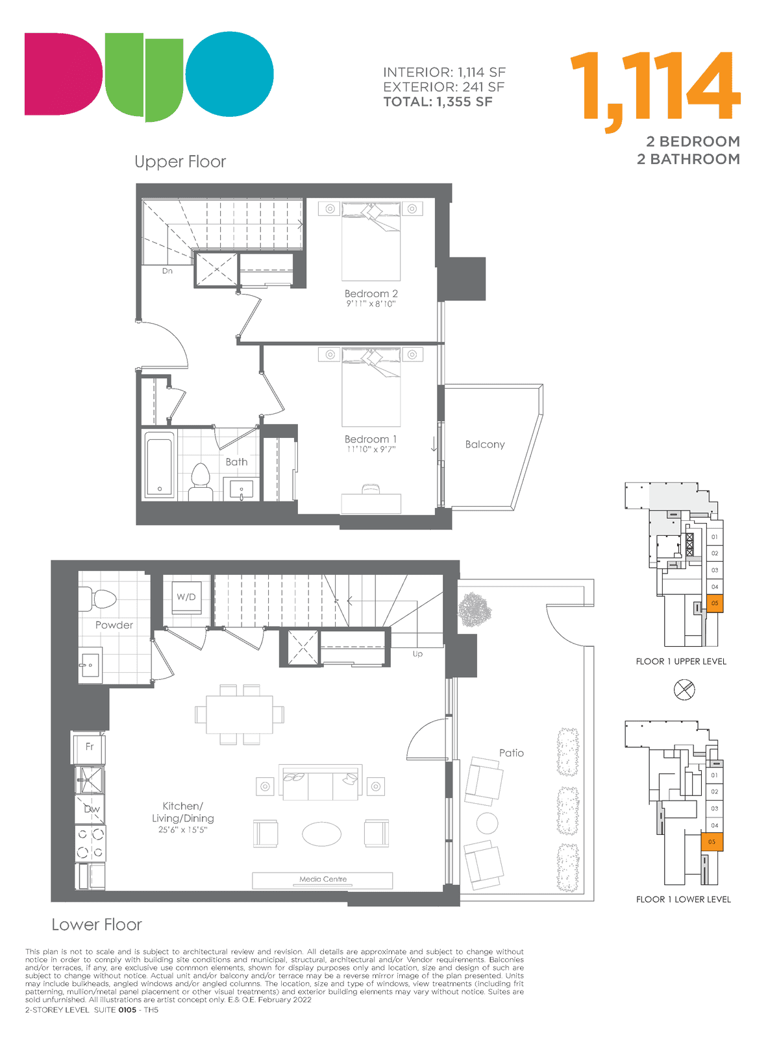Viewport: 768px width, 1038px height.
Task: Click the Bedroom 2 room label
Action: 371,293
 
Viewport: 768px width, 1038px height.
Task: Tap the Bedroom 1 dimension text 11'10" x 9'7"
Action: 371,450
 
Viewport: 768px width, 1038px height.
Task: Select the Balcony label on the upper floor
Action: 485,444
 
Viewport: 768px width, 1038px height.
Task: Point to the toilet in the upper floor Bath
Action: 201,481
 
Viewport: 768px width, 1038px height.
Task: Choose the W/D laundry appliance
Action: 186,597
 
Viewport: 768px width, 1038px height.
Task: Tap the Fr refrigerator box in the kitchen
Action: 89,747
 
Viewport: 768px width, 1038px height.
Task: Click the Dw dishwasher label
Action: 92,809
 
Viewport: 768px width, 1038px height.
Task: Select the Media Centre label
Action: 323,879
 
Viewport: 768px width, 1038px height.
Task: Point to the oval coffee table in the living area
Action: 321,834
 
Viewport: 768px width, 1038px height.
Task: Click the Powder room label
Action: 114,625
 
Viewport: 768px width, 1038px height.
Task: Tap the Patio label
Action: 511,753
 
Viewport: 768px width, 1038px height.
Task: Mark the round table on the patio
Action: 487,823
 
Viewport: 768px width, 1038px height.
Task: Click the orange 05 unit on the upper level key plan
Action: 714,603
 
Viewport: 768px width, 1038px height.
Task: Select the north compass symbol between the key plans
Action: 684,690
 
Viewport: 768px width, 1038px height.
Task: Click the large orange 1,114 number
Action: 655,89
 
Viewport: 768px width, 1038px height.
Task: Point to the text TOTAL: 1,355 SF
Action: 438,102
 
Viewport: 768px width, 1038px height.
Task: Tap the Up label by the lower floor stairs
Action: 417,653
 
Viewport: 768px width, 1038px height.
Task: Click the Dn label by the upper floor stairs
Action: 167,271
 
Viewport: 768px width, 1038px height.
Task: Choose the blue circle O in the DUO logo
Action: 229,74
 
